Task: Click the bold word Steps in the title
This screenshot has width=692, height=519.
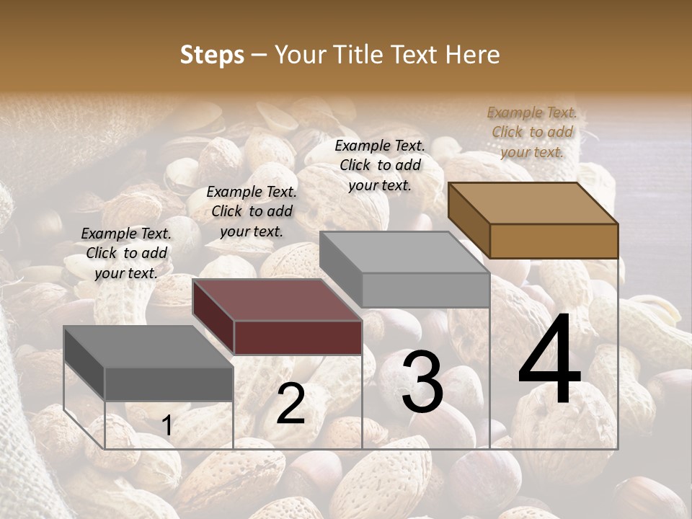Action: pyautogui.click(x=212, y=55)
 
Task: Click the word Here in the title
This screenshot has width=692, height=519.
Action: pyautogui.click(x=474, y=55)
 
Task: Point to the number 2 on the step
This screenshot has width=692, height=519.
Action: pyautogui.click(x=290, y=404)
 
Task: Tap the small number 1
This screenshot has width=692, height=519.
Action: pyautogui.click(x=167, y=426)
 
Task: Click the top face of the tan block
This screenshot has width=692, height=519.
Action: pyautogui.click(x=532, y=203)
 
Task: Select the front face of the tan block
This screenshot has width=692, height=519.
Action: pyautogui.click(x=554, y=241)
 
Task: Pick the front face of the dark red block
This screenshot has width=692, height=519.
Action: pyautogui.click(x=298, y=337)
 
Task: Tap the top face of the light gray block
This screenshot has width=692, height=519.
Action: pyautogui.click(x=404, y=252)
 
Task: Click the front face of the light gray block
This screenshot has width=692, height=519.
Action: pyautogui.click(x=425, y=290)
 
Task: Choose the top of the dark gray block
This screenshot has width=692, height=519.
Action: pyautogui.click(x=148, y=347)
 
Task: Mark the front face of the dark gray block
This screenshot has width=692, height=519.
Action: pyautogui.click(x=169, y=383)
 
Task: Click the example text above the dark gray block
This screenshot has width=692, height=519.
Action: pyautogui.click(x=126, y=253)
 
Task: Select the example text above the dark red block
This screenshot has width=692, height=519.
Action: pyautogui.click(x=252, y=211)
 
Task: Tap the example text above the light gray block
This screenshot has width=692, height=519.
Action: pyautogui.click(x=380, y=165)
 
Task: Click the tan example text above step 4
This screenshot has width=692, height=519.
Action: pyautogui.click(x=532, y=132)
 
